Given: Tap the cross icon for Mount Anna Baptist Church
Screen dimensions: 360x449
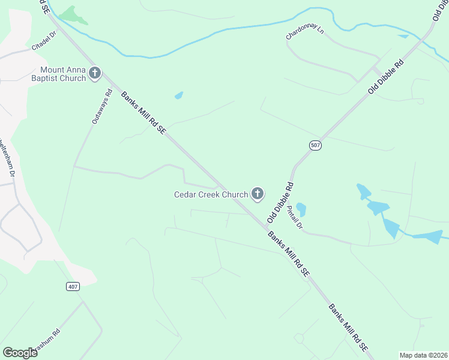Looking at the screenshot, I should [95, 74].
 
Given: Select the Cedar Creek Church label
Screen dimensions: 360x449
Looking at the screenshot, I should [211, 194].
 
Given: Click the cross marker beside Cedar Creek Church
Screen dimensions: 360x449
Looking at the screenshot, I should [258, 194].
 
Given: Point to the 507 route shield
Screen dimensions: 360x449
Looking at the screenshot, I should [315, 145].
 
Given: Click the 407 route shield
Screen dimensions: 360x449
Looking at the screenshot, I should [73, 287].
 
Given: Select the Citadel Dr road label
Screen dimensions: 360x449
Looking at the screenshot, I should [43, 41].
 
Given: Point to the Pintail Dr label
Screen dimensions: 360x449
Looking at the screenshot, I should [294, 219].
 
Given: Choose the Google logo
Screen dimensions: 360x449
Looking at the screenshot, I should [20, 353].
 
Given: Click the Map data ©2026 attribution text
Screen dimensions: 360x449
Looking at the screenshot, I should [423, 355].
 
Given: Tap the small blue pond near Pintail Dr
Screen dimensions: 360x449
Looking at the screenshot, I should [301, 209].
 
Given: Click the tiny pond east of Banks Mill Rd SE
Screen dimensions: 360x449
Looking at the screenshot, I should [178, 95].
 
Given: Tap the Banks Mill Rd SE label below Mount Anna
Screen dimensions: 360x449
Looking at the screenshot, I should [143, 112].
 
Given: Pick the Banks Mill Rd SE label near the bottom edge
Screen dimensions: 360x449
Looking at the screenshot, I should [348, 328].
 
